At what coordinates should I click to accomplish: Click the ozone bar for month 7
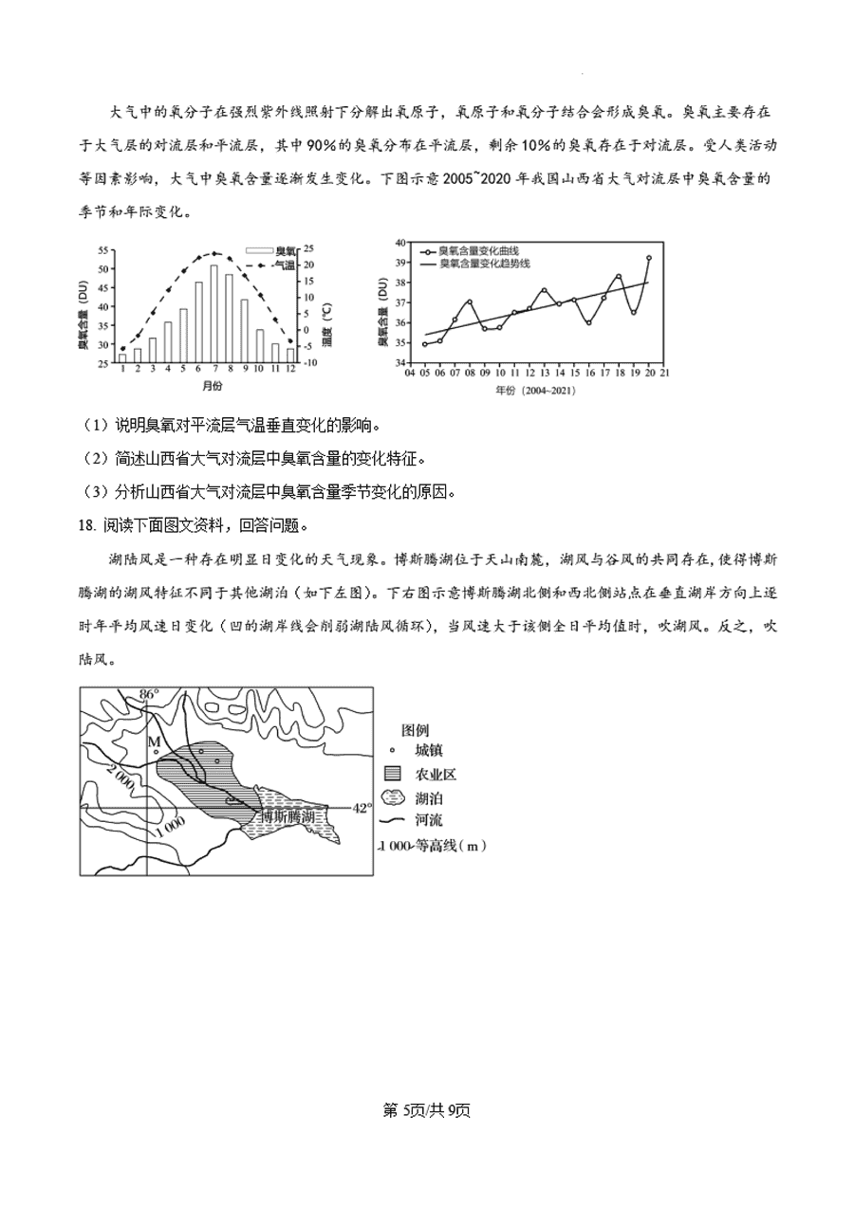[x=214, y=314]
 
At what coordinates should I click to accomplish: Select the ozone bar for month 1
[x=122, y=357]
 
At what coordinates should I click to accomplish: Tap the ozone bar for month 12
[x=290, y=356]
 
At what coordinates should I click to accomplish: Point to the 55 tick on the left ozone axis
[x=103, y=250]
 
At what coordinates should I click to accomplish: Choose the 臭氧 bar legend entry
[x=272, y=252]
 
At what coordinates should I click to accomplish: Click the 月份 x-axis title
[x=213, y=387]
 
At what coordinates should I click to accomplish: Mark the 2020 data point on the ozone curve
[x=649, y=258]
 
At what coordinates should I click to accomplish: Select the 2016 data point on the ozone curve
[x=589, y=323]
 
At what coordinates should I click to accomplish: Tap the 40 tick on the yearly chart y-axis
[x=400, y=243]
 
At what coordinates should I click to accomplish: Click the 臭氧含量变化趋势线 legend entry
[x=478, y=263]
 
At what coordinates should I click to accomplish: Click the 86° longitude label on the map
[x=147, y=695]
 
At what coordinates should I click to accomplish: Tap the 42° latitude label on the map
[x=362, y=808]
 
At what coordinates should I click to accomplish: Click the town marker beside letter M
[x=156, y=752]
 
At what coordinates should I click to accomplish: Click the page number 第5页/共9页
[x=427, y=1110]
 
